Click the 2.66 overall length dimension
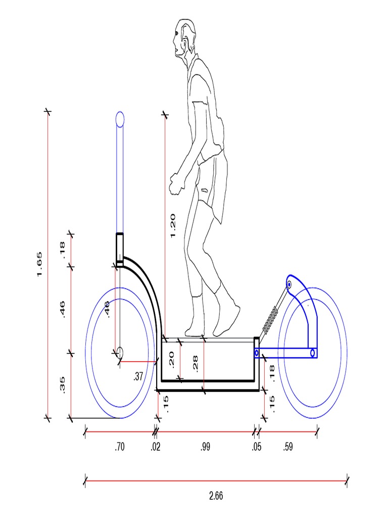(216, 496)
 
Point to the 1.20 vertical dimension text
(172, 226)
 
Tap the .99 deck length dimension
(205, 447)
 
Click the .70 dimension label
(120, 447)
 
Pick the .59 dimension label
(288, 447)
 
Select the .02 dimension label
(156, 447)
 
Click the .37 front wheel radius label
(138, 376)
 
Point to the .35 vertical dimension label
(63, 384)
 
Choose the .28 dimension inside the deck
(196, 361)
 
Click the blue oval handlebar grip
(120, 119)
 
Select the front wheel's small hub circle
(120, 352)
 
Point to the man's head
(184, 38)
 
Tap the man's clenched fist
(175, 184)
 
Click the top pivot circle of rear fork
(289, 285)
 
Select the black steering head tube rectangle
(120, 248)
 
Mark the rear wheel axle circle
(313, 353)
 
